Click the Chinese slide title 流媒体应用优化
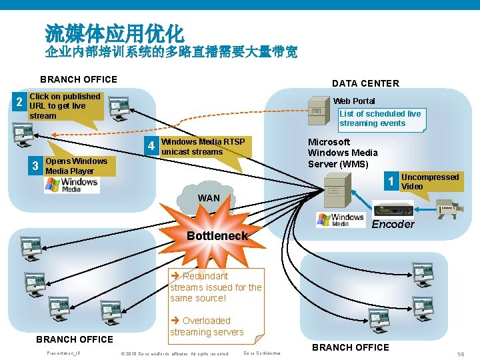(114, 31)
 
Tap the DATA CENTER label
(365, 83)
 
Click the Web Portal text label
(354, 101)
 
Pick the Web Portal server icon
(317, 111)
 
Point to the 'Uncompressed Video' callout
(430, 181)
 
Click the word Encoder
(393, 224)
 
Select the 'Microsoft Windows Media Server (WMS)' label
(343, 153)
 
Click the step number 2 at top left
(19, 102)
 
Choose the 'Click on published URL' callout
(65, 106)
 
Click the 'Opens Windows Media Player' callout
(76, 166)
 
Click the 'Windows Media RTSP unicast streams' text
(203, 147)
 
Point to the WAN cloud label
(208, 198)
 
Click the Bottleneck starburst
(217, 235)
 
